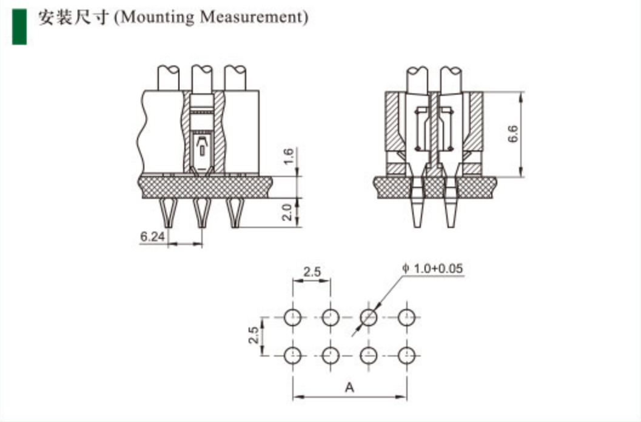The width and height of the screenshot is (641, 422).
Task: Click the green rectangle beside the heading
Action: [x=19, y=25]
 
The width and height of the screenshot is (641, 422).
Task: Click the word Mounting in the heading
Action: [x=158, y=17]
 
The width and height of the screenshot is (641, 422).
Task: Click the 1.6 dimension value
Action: [x=289, y=156]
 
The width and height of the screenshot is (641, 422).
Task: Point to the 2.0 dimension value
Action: [x=289, y=212]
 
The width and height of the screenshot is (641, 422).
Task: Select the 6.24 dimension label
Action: [x=152, y=237]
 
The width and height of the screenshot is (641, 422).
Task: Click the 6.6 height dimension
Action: [x=513, y=134]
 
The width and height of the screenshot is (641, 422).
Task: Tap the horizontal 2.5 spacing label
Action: [x=312, y=272]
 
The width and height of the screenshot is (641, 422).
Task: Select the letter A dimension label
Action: [x=349, y=387]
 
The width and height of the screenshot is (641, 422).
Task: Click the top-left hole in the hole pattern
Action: [x=293, y=316]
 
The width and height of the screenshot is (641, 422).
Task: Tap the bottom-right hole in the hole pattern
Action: [x=407, y=355]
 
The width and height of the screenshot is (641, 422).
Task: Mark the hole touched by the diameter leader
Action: [x=369, y=316]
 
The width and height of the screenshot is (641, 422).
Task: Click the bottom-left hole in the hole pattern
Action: [x=293, y=355]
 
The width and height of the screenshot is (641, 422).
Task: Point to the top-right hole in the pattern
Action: [x=407, y=316]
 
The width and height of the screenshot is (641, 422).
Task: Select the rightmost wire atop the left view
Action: [x=235, y=78]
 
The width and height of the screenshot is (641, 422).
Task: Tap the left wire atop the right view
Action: [x=417, y=79]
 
